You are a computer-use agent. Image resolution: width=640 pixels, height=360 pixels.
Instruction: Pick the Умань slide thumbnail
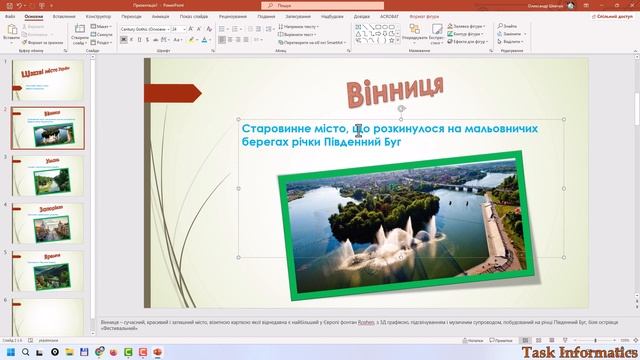click(47, 175)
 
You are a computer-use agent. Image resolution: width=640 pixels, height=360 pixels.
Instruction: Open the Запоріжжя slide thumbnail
click(47, 222)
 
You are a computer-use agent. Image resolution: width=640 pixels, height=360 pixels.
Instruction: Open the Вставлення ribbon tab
click(63, 17)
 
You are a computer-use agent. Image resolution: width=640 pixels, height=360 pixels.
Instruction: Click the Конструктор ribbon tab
click(98, 17)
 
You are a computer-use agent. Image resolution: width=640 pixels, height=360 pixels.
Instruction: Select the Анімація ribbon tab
click(161, 17)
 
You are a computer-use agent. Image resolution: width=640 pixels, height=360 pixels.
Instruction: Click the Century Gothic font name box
click(143, 30)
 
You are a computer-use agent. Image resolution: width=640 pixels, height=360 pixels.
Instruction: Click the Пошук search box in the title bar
click(330, 5)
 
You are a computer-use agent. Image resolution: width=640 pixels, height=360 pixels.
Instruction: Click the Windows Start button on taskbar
click(8, 352)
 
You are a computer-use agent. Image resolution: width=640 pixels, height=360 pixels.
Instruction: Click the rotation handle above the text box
click(401, 107)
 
